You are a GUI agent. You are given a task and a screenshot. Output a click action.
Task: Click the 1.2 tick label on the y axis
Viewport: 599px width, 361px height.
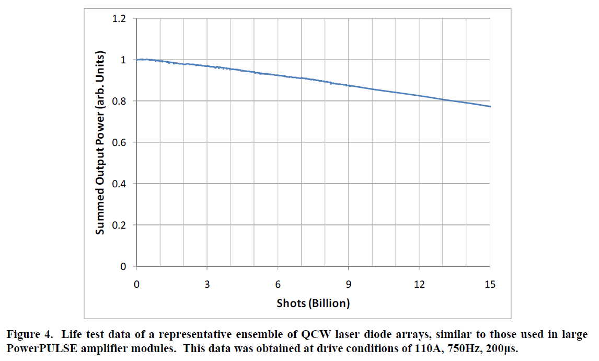click(x=120, y=19)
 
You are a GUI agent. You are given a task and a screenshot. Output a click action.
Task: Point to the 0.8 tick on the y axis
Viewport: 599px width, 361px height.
click(x=120, y=101)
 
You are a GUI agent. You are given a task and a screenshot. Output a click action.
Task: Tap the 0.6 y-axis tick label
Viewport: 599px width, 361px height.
click(x=120, y=143)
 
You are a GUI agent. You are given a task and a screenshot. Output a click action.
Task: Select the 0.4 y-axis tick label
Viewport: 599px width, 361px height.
click(x=120, y=184)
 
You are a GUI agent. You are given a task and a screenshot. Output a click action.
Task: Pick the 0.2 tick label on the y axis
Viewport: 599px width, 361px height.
click(x=120, y=225)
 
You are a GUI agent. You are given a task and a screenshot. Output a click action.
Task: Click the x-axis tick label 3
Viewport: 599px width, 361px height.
click(x=207, y=285)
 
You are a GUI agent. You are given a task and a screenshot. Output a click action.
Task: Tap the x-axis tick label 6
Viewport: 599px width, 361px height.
click(x=278, y=285)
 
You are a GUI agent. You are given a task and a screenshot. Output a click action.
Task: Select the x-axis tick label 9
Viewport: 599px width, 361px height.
click(x=349, y=285)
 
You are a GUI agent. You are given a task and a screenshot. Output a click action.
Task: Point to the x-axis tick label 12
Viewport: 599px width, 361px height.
click(x=419, y=285)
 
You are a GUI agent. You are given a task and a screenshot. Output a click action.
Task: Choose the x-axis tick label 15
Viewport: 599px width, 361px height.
click(x=490, y=285)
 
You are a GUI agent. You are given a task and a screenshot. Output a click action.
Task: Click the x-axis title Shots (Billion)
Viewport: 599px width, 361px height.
click(x=313, y=303)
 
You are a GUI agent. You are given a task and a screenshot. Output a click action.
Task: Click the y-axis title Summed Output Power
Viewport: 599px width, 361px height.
click(x=101, y=143)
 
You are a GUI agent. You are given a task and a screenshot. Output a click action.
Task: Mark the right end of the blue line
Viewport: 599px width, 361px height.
click(x=490, y=106)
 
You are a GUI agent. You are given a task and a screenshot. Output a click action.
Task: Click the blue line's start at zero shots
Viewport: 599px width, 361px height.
click(x=136, y=60)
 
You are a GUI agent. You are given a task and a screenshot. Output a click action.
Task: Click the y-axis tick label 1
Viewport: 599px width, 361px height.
click(x=123, y=60)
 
